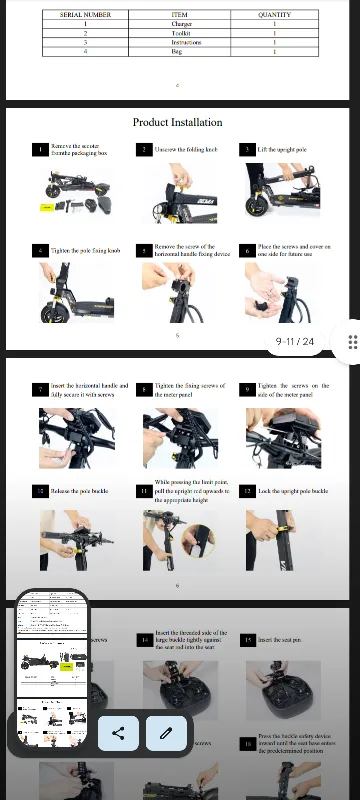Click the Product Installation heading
point(178,122)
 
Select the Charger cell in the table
point(180,24)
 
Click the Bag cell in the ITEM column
point(180,51)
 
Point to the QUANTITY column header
point(274,15)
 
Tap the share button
point(118,733)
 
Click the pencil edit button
point(166,733)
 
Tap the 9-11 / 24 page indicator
point(295,342)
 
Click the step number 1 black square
point(41,149)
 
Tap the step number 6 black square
point(246,249)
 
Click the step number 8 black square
point(145,388)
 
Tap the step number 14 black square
point(145,638)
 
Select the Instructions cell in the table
point(180,42)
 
